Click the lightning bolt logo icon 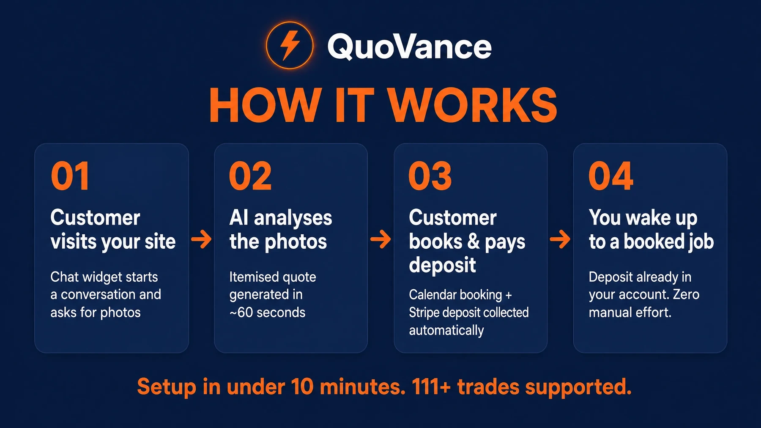(290, 45)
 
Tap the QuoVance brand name (409, 47)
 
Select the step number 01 (70, 176)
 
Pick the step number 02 (250, 176)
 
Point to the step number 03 (430, 176)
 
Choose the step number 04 (611, 176)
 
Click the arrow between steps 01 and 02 (201, 239)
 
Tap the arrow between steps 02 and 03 (380, 239)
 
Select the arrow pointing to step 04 (560, 239)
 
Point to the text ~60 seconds (267, 313)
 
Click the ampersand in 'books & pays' (474, 241)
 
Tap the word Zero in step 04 (686, 294)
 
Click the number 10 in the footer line (302, 387)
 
